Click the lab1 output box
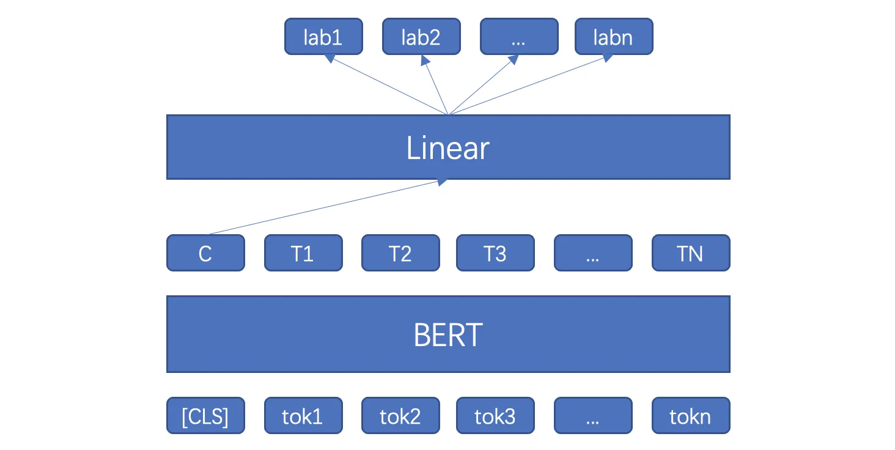[x=323, y=36]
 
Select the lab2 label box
[x=422, y=36]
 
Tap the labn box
[x=614, y=36]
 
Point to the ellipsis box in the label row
[x=520, y=36]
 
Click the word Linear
[x=448, y=148]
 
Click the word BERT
[x=448, y=335]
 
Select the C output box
[x=206, y=253]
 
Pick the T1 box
[x=304, y=253]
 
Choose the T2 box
[x=401, y=253]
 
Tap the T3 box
[x=495, y=253]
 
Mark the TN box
[x=691, y=253]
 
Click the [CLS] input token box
[x=206, y=416]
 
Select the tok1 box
[x=304, y=416]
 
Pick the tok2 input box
[x=401, y=416]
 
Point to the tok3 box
[x=495, y=416]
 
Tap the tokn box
[x=691, y=416]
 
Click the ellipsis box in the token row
[x=594, y=416]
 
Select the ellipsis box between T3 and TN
[x=594, y=253]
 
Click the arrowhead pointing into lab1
[x=330, y=59]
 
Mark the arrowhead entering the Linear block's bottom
[x=443, y=182]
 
